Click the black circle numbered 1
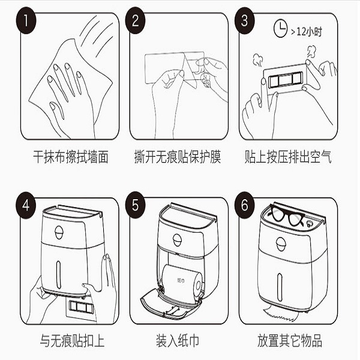click(x=26, y=20)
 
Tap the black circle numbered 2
click(x=135, y=20)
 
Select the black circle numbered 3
click(x=245, y=20)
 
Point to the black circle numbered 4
click(x=26, y=205)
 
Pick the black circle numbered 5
click(x=135, y=205)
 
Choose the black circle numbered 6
click(x=245, y=205)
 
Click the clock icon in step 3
click(x=280, y=29)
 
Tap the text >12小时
click(x=307, y=32)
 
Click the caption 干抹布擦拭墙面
click(x=71, y=157)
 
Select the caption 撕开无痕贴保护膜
click(x=178, y=157)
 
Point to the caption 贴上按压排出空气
click(x=288, y=157)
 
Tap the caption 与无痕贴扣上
click(x=72, y=340)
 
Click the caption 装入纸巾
click(x=178, y=340)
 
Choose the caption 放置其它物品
click(x=290, y=340)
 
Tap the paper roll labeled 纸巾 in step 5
click(x=182, y=281)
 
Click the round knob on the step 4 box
click(x=59, y=232)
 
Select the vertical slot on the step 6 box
click(x=280, y=287)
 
